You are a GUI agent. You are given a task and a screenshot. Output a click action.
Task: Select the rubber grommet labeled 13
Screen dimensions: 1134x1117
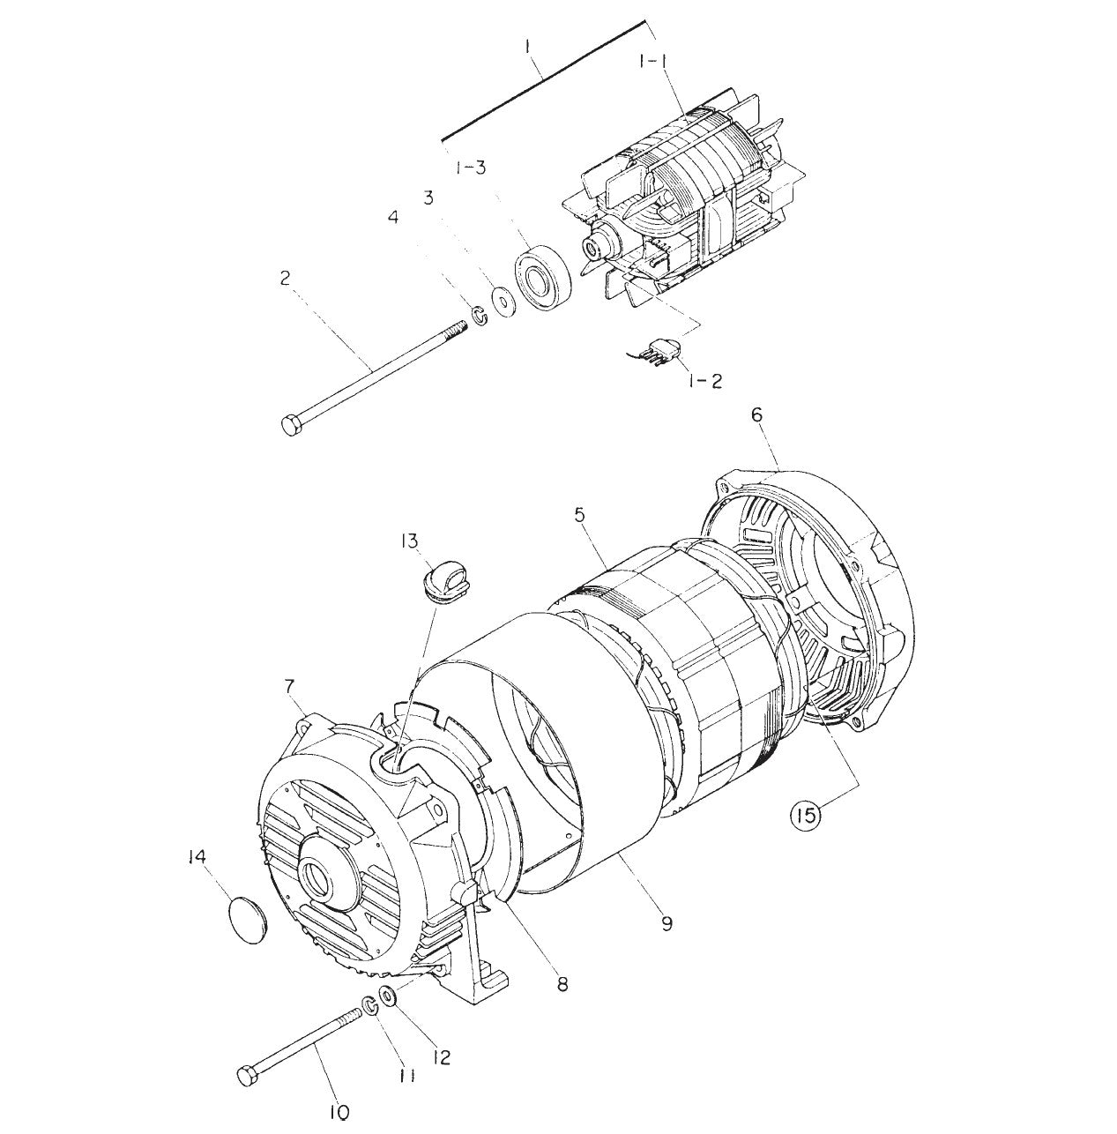441,583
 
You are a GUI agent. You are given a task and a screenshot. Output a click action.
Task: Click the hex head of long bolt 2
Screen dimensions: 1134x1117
293,424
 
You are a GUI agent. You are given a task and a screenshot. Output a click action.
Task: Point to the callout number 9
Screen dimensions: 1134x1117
666,923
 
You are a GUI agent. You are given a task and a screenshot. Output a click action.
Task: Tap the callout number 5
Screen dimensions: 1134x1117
579,514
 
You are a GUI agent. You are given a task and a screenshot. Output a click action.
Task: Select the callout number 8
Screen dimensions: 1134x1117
561,982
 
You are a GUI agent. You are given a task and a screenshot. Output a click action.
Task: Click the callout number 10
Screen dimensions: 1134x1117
339,1112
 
